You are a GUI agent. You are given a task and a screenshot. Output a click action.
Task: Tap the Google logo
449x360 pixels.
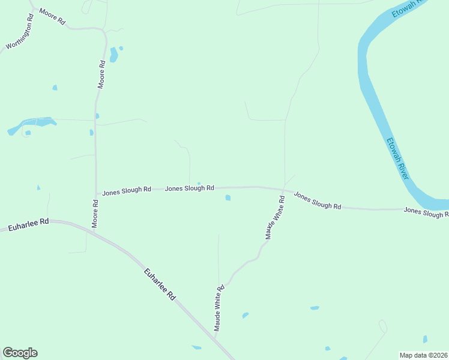[x=20, y=353]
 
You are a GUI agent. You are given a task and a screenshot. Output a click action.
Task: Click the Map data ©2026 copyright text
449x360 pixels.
[x=423, y=355]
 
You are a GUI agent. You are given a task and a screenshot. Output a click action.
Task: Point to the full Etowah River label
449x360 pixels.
[x=397, y=158]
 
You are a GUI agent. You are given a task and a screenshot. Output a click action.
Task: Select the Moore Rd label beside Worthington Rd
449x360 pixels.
[x=52, y=16]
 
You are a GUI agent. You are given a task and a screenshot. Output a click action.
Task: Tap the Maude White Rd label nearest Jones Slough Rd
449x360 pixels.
[x=276, y=217]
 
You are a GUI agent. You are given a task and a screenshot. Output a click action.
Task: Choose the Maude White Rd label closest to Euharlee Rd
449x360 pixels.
[x=219, y=308]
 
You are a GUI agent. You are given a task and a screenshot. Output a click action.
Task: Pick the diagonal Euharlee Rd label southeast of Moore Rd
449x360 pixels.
[x=160, y=284]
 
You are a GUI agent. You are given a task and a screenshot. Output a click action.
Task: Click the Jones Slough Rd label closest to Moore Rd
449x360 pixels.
[x=127, y=191]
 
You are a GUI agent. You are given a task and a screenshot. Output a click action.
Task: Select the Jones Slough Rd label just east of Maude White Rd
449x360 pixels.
[x=318, y=201]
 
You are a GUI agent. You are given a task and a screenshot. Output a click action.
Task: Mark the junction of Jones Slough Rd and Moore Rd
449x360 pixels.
[x=96, y=193]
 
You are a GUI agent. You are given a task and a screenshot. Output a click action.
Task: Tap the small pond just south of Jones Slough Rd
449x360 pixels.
[x=228, y=197]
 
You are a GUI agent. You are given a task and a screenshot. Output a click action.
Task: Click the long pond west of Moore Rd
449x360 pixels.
[x=32, y=125]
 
